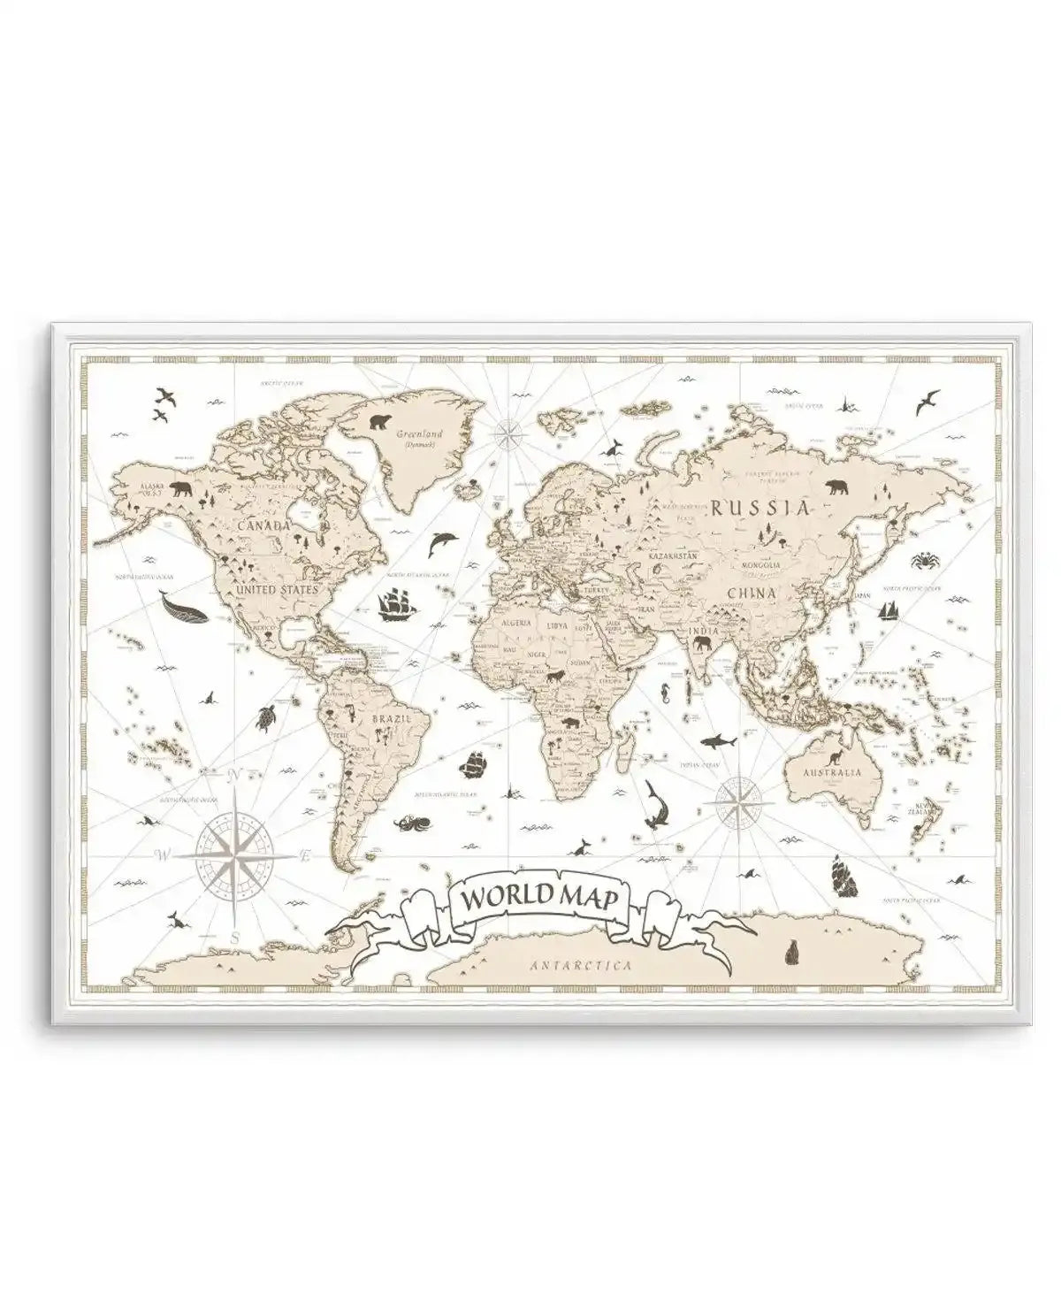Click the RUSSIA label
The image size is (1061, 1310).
pos(760,508)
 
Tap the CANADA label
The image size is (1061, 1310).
pos(263,525)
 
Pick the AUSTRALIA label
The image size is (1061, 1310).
pos(831,772)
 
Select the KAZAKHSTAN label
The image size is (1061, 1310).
pos(674,557)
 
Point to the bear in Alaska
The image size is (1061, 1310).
pos(182,488)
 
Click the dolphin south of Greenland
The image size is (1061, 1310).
pos(439,544)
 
